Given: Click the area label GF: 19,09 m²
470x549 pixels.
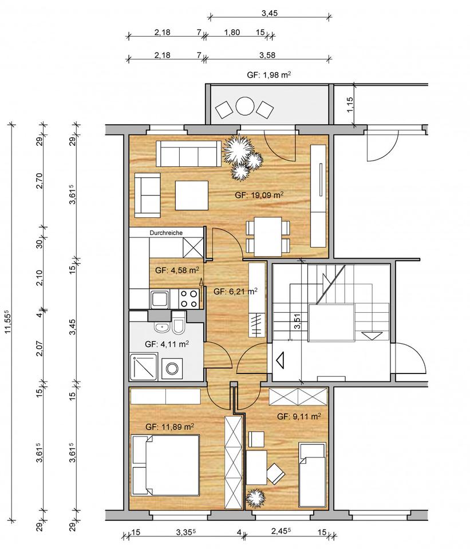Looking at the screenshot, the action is [x=259, y=195].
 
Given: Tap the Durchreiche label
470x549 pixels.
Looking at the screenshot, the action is [x=166, y=233].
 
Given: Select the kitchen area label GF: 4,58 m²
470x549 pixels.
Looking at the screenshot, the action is [x=177, y=270].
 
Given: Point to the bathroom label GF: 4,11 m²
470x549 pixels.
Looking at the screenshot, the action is [x=167, y=344].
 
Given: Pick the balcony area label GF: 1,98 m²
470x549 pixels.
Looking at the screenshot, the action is [x=269, y=75].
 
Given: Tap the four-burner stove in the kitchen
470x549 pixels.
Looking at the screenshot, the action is [x=188, y=299].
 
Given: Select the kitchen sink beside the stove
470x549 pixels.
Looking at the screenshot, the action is [x=160, y=300].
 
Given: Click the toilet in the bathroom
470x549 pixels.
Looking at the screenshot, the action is [x=178, y=325].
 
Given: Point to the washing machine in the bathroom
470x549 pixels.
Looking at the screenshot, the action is [x=172, y=368].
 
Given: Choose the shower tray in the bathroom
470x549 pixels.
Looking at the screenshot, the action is [x=143, y=367].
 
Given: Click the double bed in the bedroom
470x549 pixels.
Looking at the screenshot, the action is [x=165, y=465].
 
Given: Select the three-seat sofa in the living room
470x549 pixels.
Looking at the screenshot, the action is [x=188, y=154].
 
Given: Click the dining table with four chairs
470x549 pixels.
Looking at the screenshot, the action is [x=268, y=236].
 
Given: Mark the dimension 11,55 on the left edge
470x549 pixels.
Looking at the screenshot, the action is [x=7, y=322].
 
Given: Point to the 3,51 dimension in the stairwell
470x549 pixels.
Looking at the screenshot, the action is [x=297, y=321].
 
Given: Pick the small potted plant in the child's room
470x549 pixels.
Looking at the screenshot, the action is [x=255, y=497].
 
